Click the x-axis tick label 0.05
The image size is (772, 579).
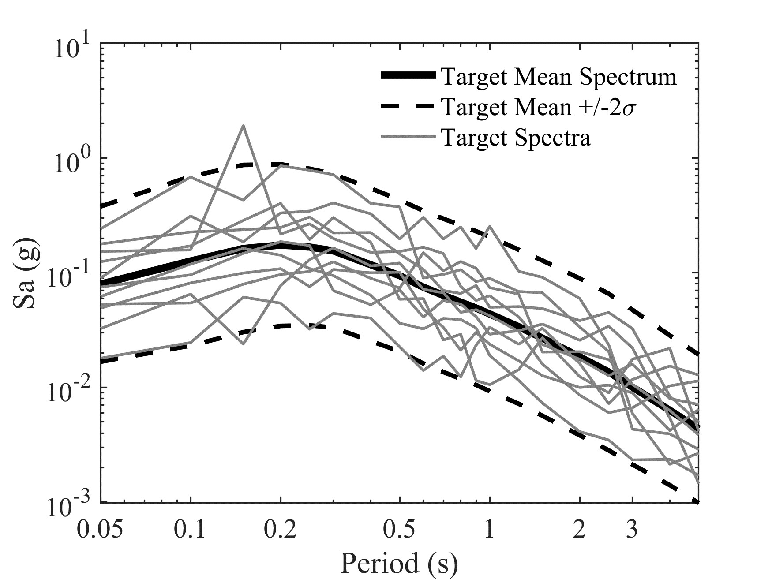(99, 530)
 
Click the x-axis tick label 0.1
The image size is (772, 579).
(190, 530)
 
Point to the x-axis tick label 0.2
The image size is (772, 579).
(280, 530)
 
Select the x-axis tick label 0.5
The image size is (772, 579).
(399, 530)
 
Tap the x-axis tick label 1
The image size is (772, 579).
(489, 530)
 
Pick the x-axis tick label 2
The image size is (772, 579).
(579, 530)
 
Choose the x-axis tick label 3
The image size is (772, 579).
(632, 530)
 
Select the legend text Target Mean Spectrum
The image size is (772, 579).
(559, 77)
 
